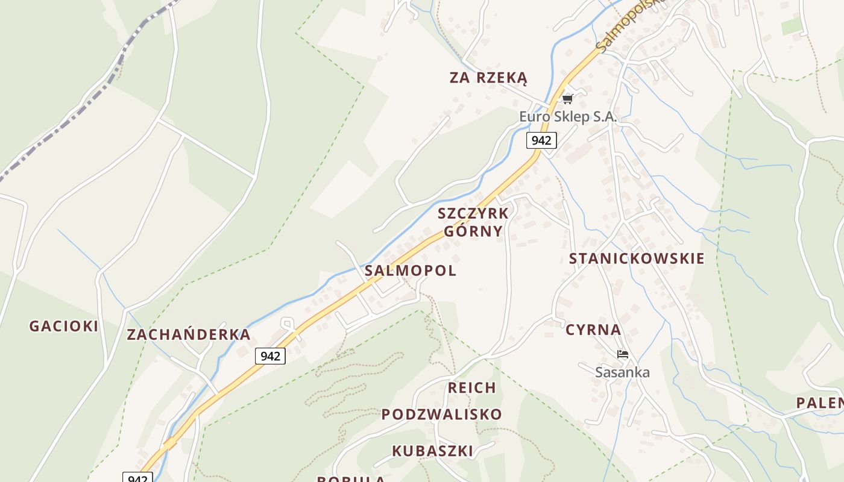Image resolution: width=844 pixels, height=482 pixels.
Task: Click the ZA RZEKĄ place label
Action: [488, 78]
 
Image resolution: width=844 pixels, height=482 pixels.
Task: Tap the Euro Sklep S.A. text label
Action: [568, 117]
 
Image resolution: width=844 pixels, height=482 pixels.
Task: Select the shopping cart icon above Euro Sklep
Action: [567, 99]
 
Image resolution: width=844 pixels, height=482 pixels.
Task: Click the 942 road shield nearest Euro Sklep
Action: [541, 140]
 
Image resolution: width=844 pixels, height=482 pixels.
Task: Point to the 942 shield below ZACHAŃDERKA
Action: [270, 356]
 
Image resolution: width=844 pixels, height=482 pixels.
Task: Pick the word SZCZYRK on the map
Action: [473, 213]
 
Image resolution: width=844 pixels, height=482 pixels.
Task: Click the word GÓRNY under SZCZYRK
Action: [473, 231]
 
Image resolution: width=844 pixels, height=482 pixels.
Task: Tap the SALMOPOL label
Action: [411, 271]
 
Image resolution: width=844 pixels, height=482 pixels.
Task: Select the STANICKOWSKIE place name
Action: [637, 258]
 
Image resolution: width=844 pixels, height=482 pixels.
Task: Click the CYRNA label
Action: [593, 330]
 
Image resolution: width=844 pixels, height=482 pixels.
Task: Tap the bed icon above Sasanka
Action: [622, 354]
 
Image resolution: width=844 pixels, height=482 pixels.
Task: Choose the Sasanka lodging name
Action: [622, 372]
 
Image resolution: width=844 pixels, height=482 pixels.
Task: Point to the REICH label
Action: [472, 388]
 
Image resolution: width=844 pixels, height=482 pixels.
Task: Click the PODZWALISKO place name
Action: [441, 415]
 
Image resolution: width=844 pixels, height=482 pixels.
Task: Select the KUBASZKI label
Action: [432, 451]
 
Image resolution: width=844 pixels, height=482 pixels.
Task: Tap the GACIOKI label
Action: [63, 326]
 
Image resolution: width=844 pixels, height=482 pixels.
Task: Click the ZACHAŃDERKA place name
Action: [188, 335]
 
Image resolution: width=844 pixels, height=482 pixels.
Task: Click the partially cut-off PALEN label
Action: [820, 403]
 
